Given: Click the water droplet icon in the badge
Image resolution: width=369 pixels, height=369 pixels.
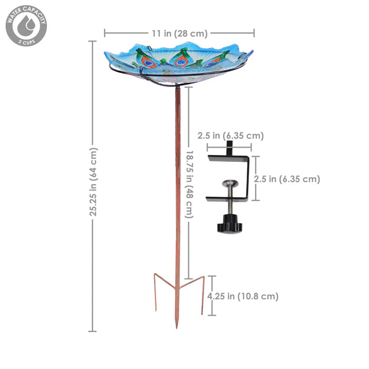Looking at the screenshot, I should [26, 24].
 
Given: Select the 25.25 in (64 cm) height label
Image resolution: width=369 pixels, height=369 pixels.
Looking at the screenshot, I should [93, 182].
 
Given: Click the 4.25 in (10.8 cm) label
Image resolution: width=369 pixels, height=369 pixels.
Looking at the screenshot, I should [242, 296].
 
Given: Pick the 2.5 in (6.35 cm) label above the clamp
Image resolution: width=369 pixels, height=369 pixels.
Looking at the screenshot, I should [230, 136].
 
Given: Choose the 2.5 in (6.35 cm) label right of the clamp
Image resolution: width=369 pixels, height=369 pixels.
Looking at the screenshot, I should [287, 179].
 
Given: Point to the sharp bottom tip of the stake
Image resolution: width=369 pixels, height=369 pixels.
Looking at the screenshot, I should [177, 326].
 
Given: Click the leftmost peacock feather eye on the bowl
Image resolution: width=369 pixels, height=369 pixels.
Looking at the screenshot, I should [149, 63].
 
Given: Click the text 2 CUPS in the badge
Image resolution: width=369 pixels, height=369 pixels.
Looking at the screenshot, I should [26, 41].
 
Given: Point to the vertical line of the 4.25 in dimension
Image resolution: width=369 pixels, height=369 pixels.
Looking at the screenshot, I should [211, 295].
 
